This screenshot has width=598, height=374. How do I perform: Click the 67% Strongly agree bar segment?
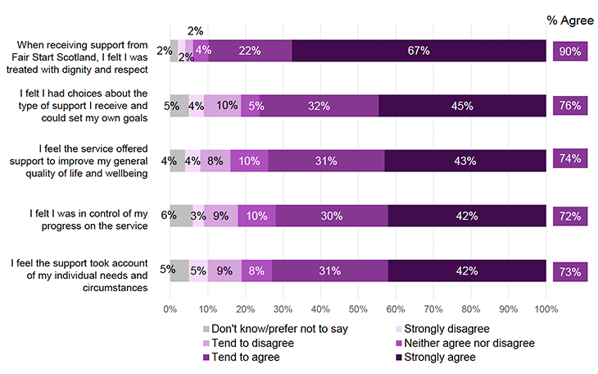click(419, 51)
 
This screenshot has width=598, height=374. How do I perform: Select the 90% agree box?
click(569, 51)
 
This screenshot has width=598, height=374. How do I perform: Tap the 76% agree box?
click(569, 106)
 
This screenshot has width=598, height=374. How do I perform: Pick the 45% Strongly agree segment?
click(462, 106)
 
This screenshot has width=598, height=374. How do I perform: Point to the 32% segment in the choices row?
click(319, 106)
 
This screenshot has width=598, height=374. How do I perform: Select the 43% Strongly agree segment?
click(464, 161)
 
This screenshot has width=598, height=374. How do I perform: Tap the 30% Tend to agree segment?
click(332, 217)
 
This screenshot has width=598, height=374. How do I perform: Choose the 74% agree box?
click(569, 161)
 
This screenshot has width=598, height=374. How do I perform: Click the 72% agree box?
click(569, 217)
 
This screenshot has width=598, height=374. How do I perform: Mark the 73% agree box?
click(569, 271)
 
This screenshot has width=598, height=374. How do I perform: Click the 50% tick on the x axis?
click(358, 310)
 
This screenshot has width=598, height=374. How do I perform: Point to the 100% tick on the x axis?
click(546, 310)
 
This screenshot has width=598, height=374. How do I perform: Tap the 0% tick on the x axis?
click(170, 310)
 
